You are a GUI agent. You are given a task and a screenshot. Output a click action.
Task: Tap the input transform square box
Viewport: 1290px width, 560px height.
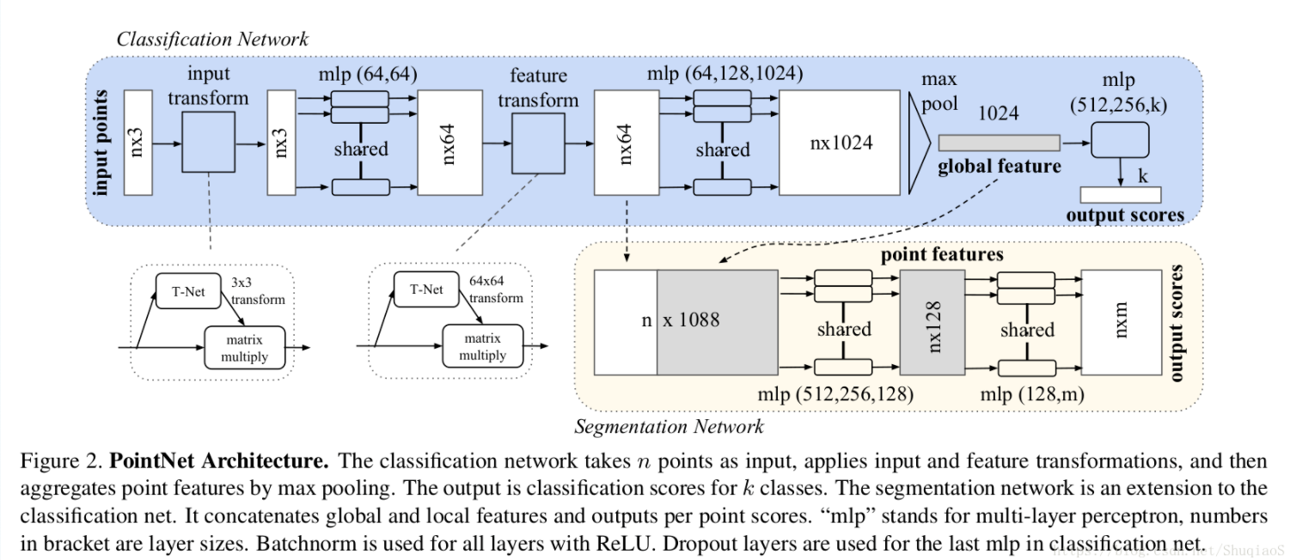click(x=208, y=143)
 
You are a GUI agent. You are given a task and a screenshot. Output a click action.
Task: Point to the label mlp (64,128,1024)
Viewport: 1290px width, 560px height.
click(x=724, y=74)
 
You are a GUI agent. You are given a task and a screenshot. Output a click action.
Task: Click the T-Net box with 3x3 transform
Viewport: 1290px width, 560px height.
click(x=188, y=290)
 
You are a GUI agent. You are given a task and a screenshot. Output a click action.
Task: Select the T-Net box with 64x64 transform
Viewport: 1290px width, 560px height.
click(x=426, y=289)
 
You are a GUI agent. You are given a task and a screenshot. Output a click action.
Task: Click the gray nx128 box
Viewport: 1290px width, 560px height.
click(x=934, y=321)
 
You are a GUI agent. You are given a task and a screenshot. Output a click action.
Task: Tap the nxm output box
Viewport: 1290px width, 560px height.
click(x=1121, y=321)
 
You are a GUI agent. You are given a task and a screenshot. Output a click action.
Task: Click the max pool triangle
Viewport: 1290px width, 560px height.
click(x=919, y=143)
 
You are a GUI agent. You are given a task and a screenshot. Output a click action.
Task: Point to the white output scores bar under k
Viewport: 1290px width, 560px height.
click(x=1120, y=194)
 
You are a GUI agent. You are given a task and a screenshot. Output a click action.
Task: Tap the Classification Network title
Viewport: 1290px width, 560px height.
click(x=212, y=39)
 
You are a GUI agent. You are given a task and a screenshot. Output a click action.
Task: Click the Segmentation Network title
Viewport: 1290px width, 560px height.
click(x=669, y=426)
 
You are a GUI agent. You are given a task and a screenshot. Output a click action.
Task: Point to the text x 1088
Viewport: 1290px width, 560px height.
click(x=691, y=320)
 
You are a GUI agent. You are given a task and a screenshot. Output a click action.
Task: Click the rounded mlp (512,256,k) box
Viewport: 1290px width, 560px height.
click(x=1120, y=139)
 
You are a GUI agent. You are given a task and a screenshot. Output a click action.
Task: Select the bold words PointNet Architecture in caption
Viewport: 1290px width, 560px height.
click(x=219, y=460)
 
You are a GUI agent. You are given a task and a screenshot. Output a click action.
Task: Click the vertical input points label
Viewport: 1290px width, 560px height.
click(x=103, y=143)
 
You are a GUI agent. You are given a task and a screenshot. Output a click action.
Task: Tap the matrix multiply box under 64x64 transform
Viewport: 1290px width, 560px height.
click(x=482, y=346)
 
